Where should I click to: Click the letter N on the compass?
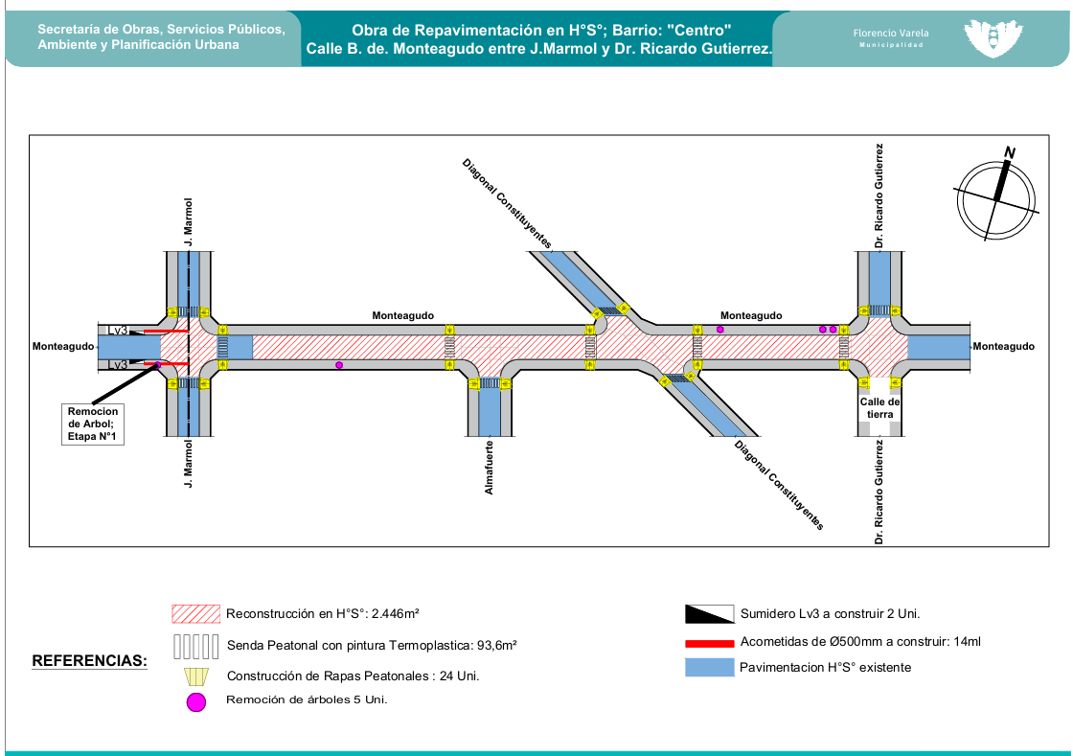point(1009,152)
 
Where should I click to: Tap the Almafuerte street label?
point(490,467)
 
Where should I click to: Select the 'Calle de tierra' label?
point(880,408)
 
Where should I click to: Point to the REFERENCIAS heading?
point(90,661)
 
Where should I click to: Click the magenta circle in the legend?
point(195,702)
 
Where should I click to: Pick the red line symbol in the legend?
point(710,642)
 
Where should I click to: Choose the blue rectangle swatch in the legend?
point(710,668)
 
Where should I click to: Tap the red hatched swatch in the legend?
point(196,613)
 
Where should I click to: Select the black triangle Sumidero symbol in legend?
point(710,614)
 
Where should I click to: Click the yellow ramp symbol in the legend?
point(195,676)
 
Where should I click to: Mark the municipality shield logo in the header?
point(992,38)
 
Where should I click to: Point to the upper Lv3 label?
point(118,331)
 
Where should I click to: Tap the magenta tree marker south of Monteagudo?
point(339,365)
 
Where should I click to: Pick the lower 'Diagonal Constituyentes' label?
point(779,485)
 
